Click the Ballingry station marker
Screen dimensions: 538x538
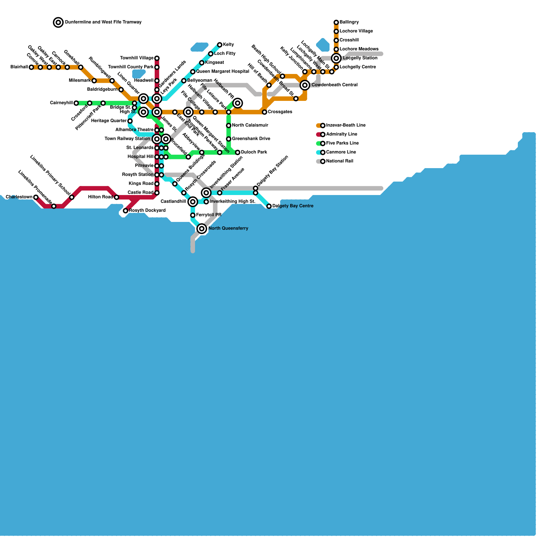336,23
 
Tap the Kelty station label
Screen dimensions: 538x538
228,45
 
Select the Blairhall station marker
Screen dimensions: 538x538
31,67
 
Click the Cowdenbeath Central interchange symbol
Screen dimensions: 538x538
305,85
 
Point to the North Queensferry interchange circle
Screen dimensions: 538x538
202,229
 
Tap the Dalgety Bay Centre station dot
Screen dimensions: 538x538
269,206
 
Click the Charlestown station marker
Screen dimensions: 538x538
36,197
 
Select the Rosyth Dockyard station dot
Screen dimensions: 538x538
125,211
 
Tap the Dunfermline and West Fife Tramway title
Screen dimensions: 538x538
103,22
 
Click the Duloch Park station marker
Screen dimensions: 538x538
238,152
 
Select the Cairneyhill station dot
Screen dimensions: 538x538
76,103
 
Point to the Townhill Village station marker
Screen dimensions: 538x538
157,58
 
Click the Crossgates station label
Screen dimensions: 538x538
280,112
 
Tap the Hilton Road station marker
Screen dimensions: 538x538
117,197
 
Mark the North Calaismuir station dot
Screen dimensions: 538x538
229,125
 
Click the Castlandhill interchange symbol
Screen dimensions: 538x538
193,202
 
